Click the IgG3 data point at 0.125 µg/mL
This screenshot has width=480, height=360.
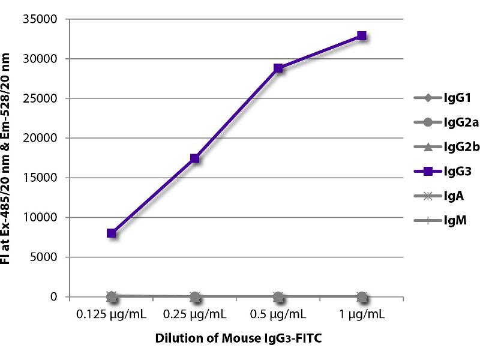pos(112,233)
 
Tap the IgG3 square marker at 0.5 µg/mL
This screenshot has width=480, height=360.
pos(278,68)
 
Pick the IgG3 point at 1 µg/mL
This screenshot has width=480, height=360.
pos(362,36)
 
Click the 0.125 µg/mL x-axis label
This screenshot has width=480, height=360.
pos(112,314)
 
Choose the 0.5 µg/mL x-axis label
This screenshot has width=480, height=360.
pos(278,314)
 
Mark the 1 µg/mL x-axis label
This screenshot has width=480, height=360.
pos(362,314)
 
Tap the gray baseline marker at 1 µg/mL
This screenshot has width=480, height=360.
pos(362,296)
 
